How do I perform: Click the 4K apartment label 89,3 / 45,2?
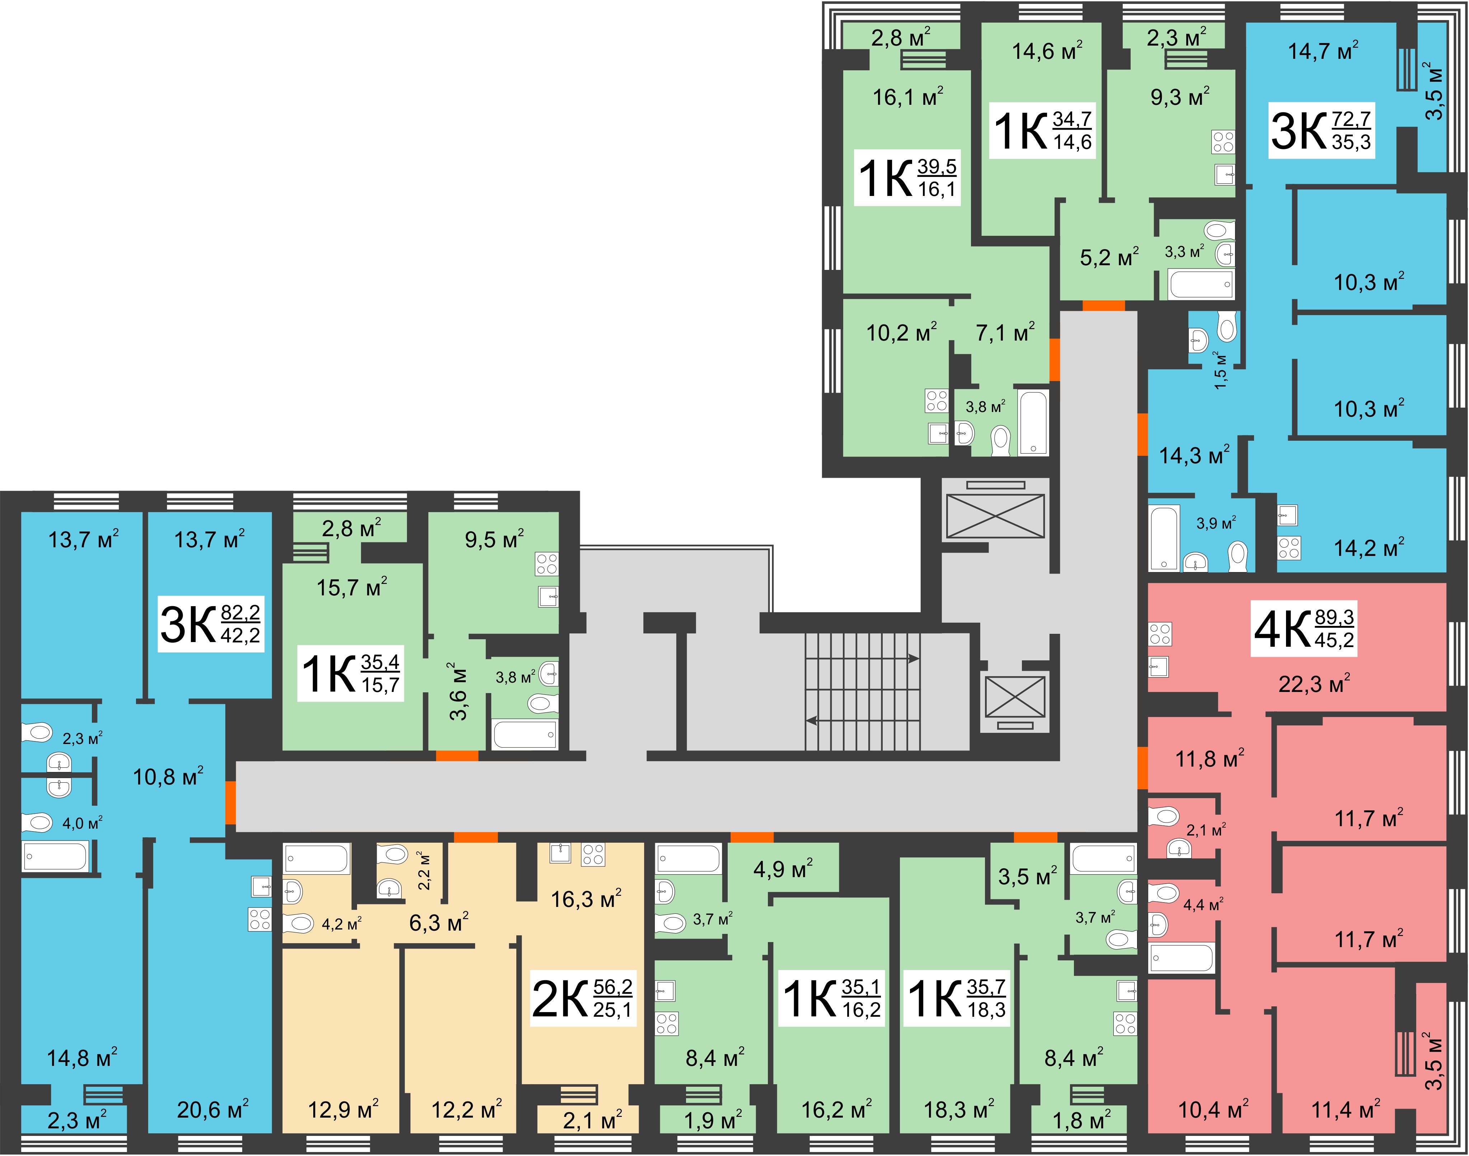[x=1304, y=629]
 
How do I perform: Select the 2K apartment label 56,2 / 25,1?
[x=583, y=998]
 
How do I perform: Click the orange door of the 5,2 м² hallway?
[x=1104, y=305]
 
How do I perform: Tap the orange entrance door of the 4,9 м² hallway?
[x=752, y=837]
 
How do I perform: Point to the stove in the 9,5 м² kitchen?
[x=547, y=563]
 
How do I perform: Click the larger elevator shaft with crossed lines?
[x=995, y=516]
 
